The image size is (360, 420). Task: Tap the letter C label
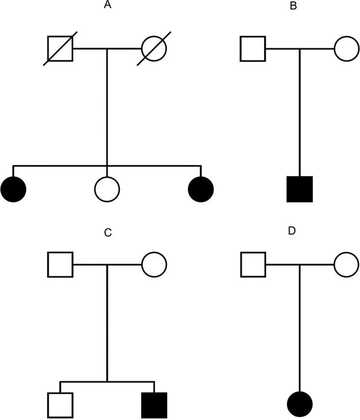tap(108, 233)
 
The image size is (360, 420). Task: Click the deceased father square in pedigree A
tap(60, 49)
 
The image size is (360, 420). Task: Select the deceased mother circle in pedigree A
tap(154, 49)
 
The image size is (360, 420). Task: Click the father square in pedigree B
tap(252, 49)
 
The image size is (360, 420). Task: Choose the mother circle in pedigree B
tap(347, 49)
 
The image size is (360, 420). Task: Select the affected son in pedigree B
tap(300, 189)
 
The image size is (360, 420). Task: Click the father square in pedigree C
tap(60, 264)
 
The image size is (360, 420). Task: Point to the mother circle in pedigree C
tap(154, 264)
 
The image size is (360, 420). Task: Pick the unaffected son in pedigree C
tap(60, 405)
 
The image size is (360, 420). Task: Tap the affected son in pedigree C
tap(154, 405)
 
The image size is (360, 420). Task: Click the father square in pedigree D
tap(252, 264)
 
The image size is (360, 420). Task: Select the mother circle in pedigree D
tap(347, 264)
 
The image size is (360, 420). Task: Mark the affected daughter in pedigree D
tap(300, 405)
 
